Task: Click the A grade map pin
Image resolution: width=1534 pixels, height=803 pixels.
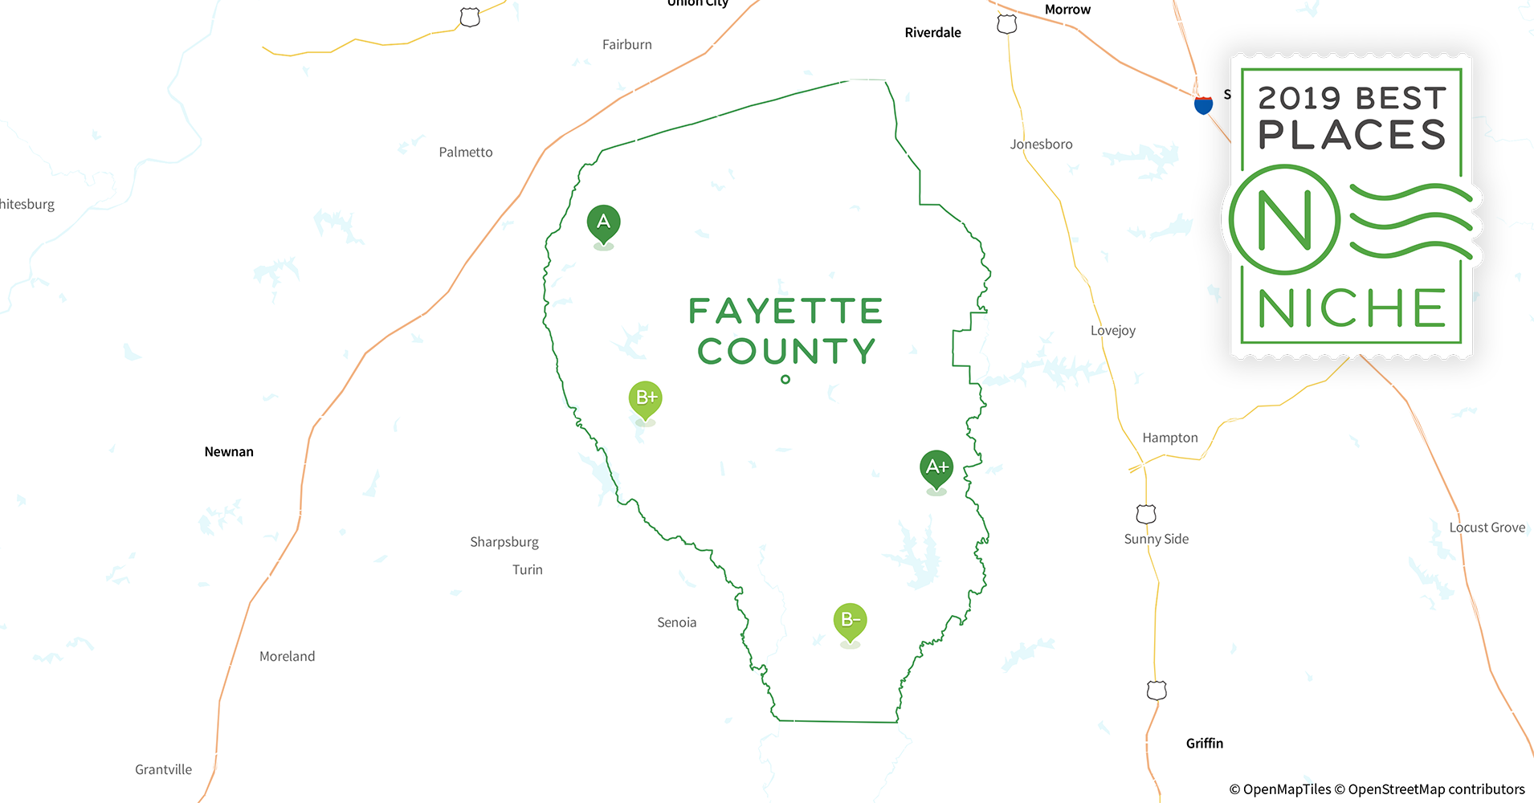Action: [x=603, y=222]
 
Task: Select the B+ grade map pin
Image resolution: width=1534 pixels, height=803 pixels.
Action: [x=646, y=398]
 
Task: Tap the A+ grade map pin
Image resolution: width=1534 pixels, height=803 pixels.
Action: [x=936, y=467]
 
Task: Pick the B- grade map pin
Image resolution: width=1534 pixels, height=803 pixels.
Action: [x=850, y=621]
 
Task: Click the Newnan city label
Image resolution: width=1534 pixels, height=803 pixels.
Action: [x=229, y=452]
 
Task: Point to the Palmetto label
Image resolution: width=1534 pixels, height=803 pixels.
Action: [x=466, y=153]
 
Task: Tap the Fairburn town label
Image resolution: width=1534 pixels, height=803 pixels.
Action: [x=627, y=45]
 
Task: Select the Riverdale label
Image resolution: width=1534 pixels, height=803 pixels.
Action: [x=932, y=33]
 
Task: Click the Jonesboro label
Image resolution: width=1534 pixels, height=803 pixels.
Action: [x=1041, y=145]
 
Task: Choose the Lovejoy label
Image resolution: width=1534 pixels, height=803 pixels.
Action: [x=1113, y=331]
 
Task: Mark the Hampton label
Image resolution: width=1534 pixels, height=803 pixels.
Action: [x=1170, y=438]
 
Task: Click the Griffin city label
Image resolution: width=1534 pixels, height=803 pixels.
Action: [x=1205, y=744]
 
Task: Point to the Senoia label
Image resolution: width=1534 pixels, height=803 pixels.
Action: [x=677, y=623]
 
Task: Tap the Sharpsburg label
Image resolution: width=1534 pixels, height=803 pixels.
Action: [x=504, y=542]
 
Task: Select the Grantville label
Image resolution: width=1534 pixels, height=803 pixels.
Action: [x=164, y=770]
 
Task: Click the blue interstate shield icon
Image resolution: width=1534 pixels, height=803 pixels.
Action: [x=1203, y=105]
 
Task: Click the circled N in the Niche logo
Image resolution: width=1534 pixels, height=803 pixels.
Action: [x=1284, y=220]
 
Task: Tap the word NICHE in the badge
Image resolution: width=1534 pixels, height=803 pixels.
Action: [x=1352, y=308]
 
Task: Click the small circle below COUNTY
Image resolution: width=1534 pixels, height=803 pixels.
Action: [x=785, y=380]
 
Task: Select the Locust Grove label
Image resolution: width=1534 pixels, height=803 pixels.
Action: [x=1487, y=528]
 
